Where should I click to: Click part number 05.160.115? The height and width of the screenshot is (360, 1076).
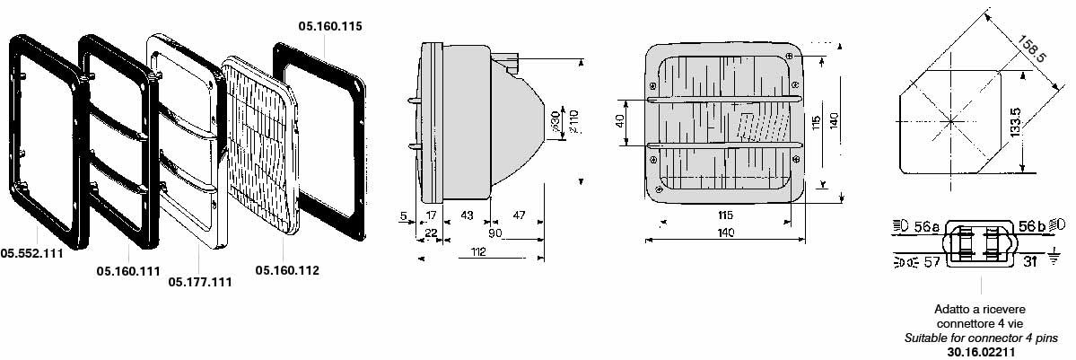330,27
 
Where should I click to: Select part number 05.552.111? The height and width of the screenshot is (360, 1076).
31,253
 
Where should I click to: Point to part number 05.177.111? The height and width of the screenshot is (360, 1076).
200,283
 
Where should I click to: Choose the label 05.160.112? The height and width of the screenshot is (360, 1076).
287,271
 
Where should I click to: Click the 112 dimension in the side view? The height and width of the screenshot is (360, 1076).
479,252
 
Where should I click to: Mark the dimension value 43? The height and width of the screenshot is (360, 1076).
467,215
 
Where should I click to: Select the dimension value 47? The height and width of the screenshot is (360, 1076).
519,215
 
